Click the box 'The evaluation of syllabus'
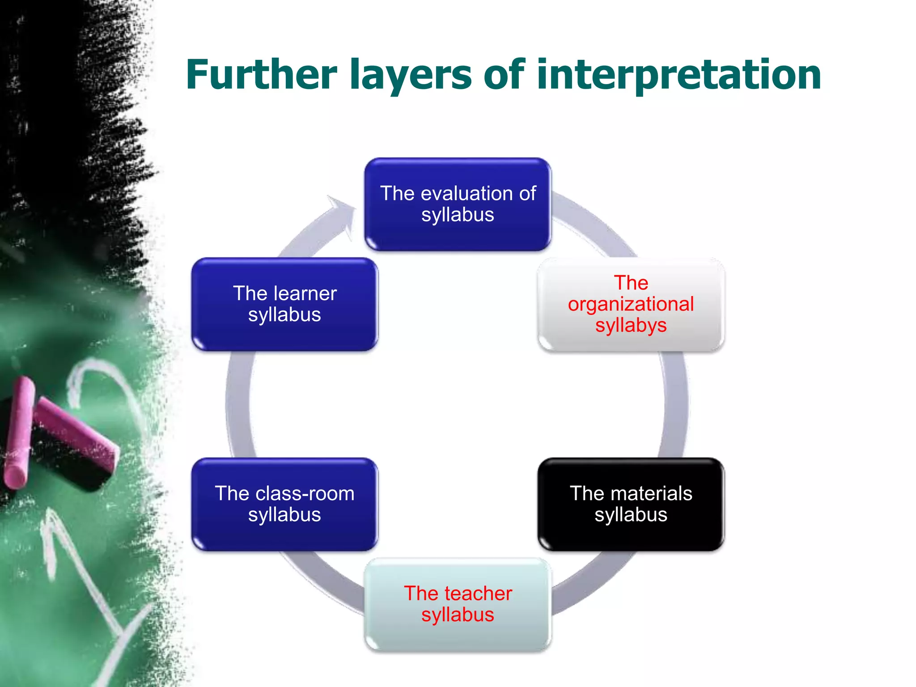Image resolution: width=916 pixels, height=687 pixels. [458, 204]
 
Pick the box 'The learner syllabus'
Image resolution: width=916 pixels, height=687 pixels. [284, 304]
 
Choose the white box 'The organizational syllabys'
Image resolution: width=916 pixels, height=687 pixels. [631, 304]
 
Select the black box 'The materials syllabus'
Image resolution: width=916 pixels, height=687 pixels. [631, 504]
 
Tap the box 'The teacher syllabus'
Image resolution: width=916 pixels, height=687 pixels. [458, 604]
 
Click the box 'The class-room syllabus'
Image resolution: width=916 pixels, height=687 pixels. [284, 504]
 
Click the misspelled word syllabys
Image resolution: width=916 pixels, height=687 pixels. [631, 326]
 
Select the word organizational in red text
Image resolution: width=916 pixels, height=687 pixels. [631, 304]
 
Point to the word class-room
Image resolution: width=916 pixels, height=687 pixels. [305, 493]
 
